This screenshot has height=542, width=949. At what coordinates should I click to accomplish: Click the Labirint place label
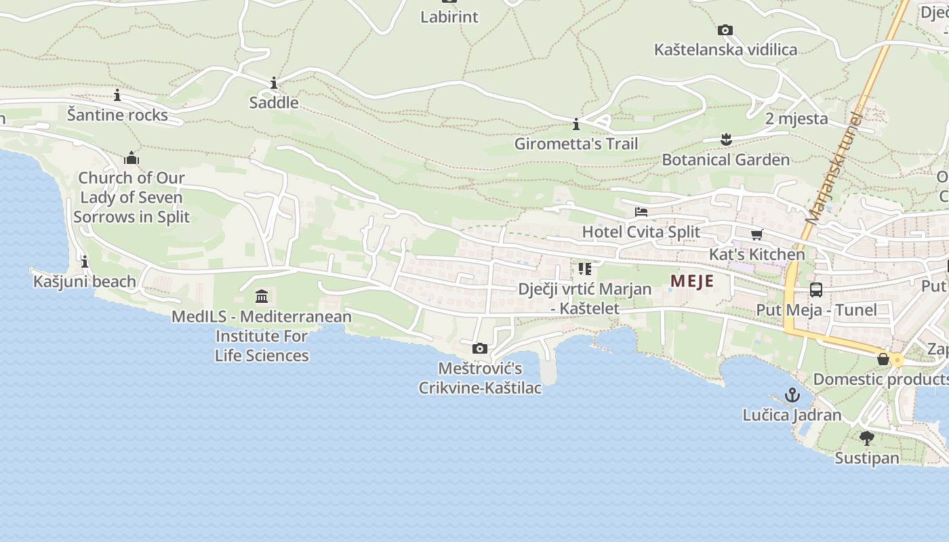click(x=449, y=17)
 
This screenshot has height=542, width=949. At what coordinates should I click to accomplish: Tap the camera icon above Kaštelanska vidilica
click(x=725, y=30)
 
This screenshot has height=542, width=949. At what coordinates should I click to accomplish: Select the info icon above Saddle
click(x=274, y=83)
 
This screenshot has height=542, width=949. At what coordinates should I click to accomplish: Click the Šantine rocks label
click(x=117, y=115)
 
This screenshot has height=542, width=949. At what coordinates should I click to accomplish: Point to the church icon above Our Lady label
click(x=132, y=159)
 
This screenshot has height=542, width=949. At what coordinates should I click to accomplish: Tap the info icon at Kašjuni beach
click(x=85, y=262)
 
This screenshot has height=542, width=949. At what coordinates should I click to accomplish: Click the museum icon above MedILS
click(x=262, y=296)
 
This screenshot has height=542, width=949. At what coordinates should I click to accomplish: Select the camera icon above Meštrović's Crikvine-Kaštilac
click(x=480, y=348)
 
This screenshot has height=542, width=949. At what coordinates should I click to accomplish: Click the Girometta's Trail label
click(x=576, y=144)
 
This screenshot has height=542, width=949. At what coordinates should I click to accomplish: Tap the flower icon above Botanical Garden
click(x=726, y=140)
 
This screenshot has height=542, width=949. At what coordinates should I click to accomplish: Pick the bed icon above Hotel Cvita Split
click(x=641, y=212)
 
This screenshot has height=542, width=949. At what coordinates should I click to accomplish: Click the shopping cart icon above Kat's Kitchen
click(x=756, y=234)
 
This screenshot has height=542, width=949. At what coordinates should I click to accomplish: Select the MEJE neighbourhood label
click(x=692, y=280)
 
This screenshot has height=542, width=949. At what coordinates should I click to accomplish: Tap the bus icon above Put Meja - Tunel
click(x=816, y=290)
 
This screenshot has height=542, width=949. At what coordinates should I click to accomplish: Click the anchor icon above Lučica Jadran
click(x=792, y=395)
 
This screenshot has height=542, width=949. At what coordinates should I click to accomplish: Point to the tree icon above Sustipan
click(x=866, y=438)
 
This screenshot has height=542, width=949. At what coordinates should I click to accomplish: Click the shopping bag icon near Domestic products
click(x=883, y=359)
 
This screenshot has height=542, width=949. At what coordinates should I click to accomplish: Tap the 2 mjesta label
click(x=796, y=119)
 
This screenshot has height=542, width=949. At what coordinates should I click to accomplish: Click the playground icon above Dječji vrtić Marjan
click(x=585, y=269)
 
